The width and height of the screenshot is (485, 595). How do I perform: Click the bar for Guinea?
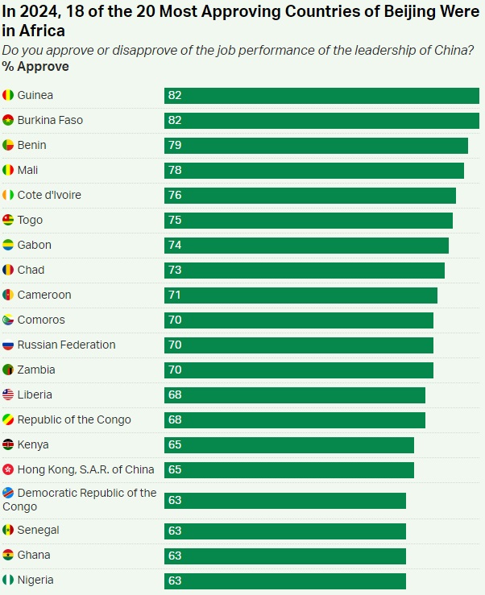click(321, 96)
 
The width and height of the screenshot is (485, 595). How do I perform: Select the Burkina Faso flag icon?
click(8, 121)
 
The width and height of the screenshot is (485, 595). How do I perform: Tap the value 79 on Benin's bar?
click(175, 146)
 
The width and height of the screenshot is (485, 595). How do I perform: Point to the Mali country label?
click(27, 171)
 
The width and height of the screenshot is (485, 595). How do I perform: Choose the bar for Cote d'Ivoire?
click(310, 196)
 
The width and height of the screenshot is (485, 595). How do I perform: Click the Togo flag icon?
click(8, 221)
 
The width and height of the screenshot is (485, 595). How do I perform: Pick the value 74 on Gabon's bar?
click(175, 246)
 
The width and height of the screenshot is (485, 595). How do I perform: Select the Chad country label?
click(31, 271)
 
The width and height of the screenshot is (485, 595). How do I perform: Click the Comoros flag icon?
click(8, 320)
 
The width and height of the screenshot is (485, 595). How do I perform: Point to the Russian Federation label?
click(66, 345)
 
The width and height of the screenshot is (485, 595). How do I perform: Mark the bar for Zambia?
click(299, 370)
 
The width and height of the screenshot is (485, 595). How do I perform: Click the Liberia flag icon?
click(8, 395)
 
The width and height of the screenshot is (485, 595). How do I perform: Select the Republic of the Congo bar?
click(295, 420)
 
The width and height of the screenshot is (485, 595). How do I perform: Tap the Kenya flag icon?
click(8, 445)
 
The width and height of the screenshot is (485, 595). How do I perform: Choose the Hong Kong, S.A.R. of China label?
click(85, 470)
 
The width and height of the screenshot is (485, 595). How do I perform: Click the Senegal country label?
click(38, 531)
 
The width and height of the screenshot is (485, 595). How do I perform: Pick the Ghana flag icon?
click(8, 556)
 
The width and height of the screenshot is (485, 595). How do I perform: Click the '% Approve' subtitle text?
click(35, 67)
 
